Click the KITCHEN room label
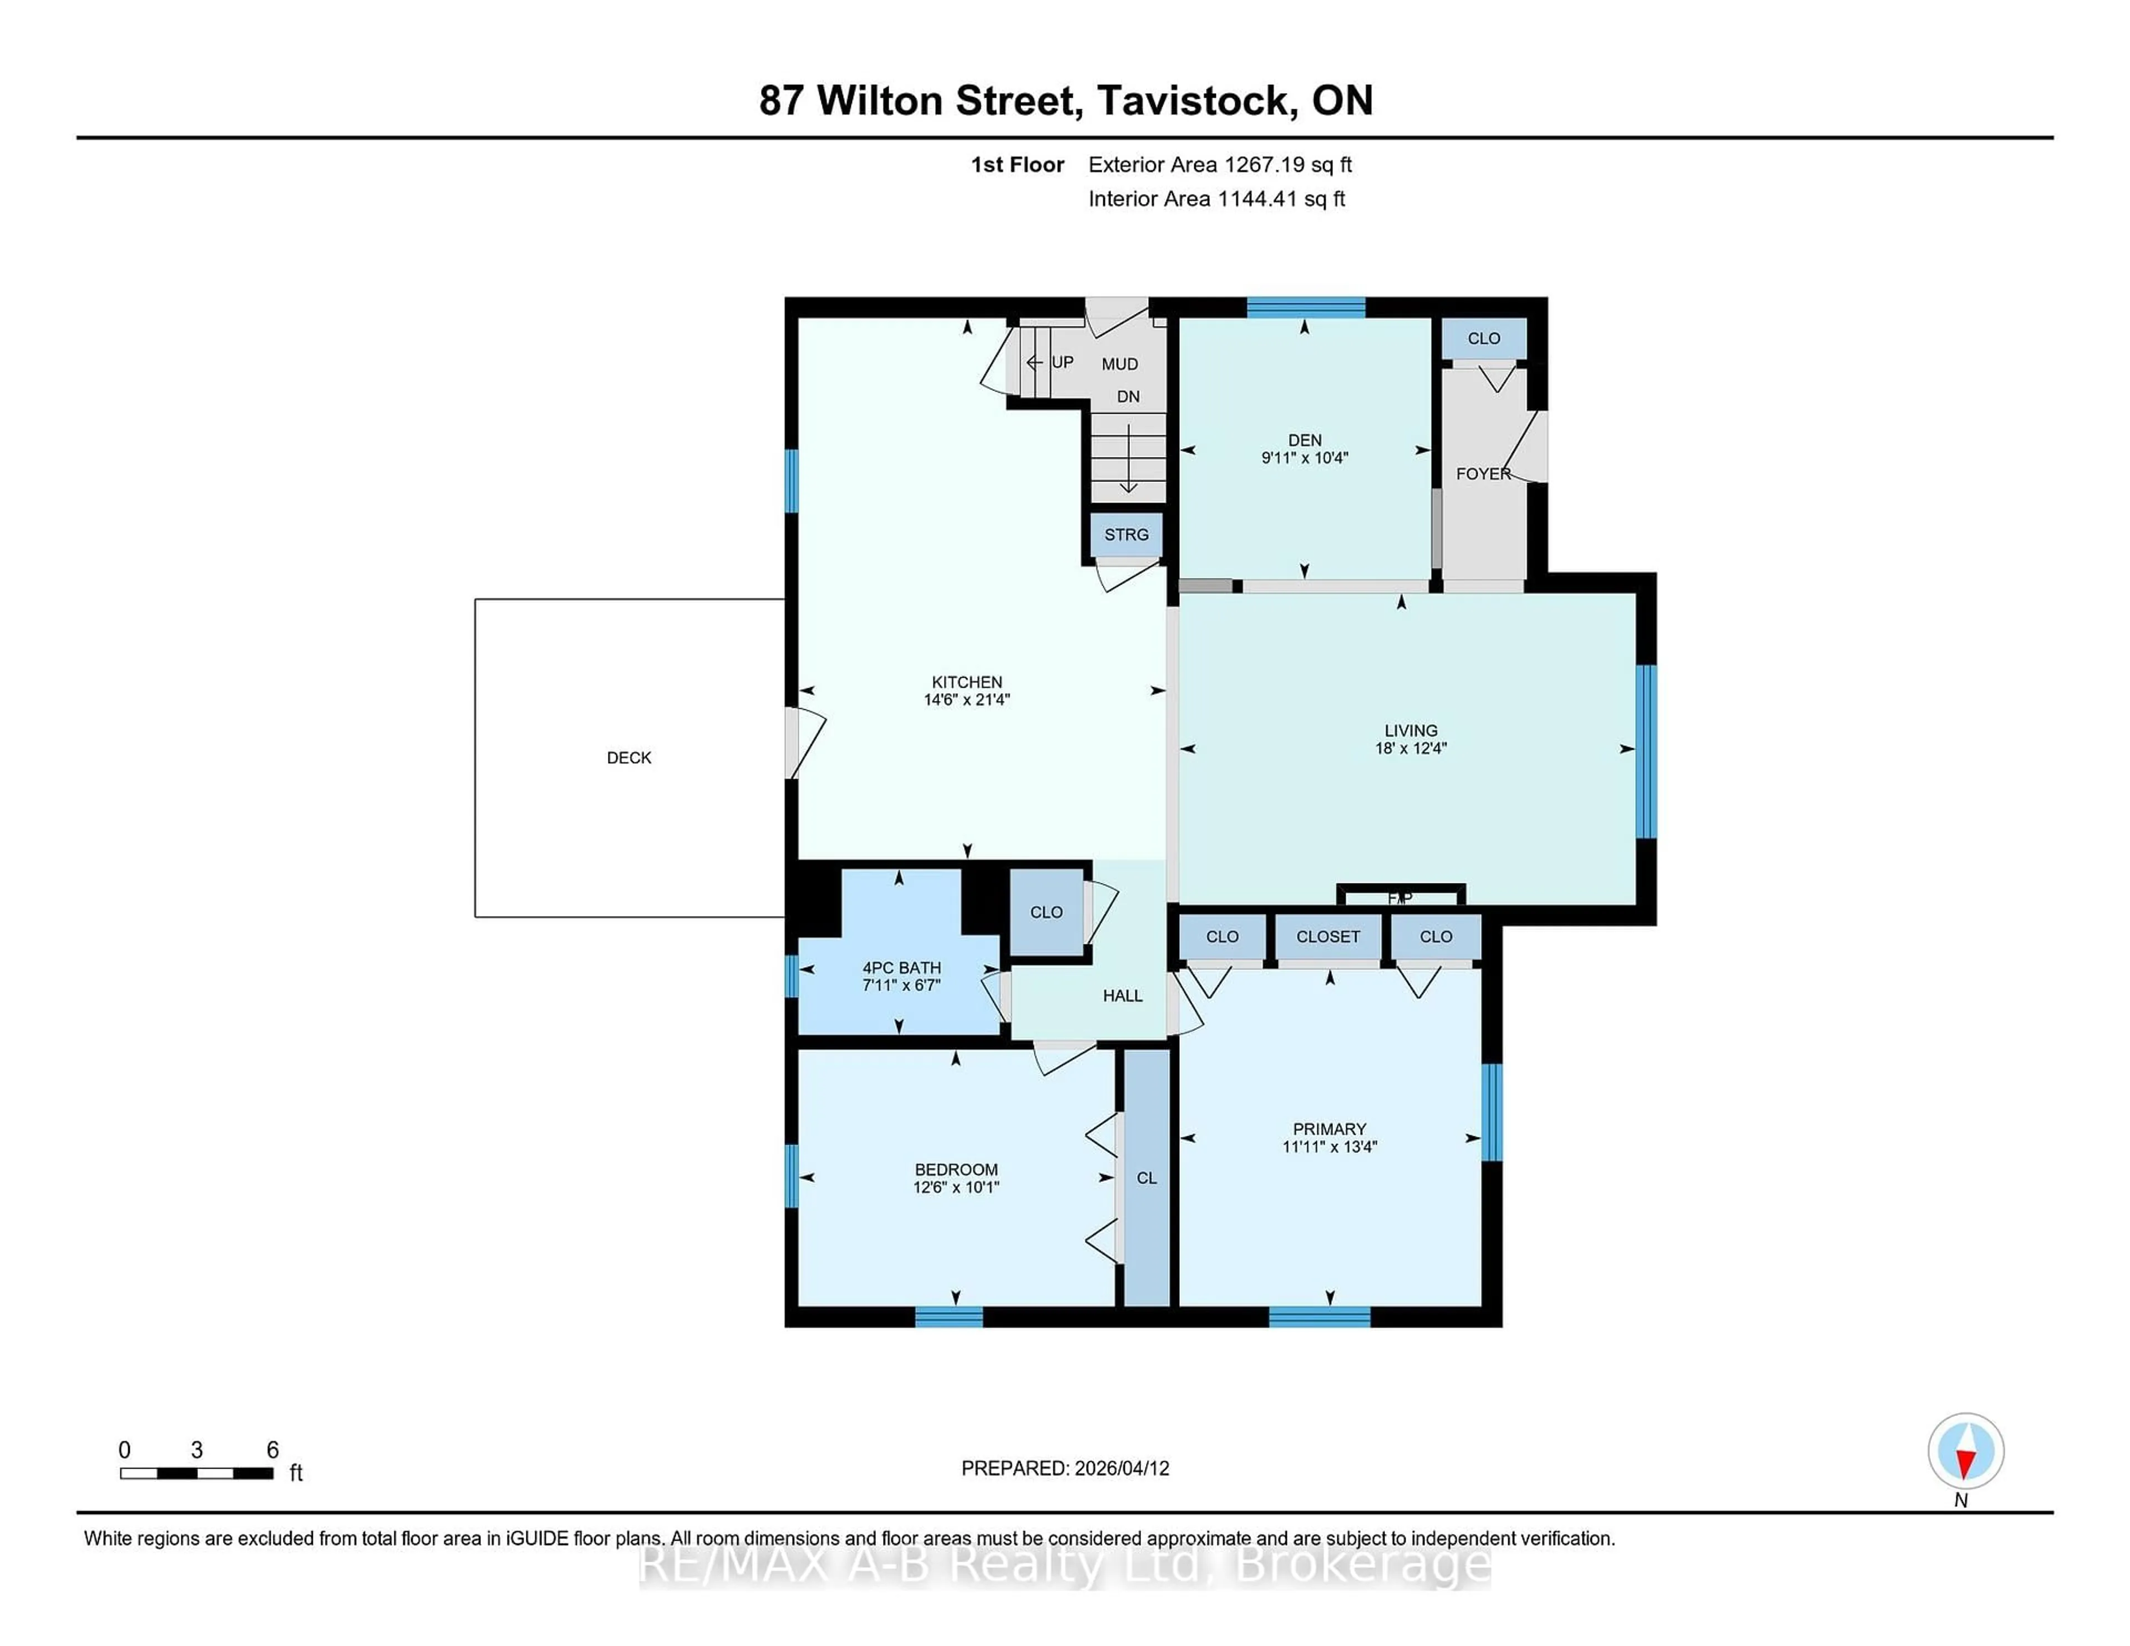click(x=966, y=682)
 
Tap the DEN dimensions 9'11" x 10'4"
click(x=1304, y=458)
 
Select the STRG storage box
click(x=1127, y=535)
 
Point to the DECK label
click(x=629, y=758)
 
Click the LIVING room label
click(x=1410, y=730)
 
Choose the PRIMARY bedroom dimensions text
click(x=1329, y=1147)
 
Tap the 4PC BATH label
click(x=901, y=967)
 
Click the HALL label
click(x=1123, y=995)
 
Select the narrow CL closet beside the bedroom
click(x=1147, y=1178)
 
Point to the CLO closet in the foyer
click(x=1483, y=338)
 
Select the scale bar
click(x=196, y=1472)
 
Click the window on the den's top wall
click(x=1305, y=307)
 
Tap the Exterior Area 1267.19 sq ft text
click(x=1219, y=165)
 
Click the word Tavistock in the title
click(x=1196, y=100)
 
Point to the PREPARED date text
click(x=1065, y=1467)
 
